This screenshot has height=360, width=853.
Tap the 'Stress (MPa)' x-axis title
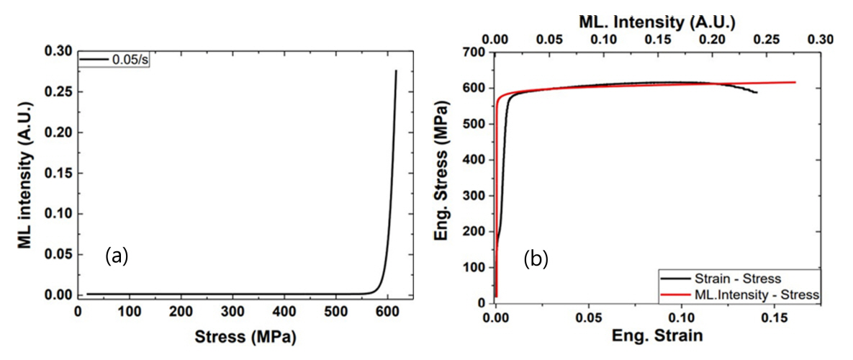click(x=246, y=336)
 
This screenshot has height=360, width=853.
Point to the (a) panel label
click(x=117, y=255)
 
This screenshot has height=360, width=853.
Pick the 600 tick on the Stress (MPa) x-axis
click(x=387, y=311)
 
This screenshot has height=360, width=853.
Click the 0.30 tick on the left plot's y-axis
click(x=60, y=51)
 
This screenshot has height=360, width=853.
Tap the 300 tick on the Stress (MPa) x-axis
click(x=233, y=311)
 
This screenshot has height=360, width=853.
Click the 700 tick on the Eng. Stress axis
click(x=477, y=53)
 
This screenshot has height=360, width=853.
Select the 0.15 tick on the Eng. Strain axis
click(x=774, y=318)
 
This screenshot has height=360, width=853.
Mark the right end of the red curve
click(x=795, y=82)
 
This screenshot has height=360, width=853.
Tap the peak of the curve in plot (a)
click(x=396, y=71)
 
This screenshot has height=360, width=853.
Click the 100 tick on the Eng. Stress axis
click(x=477, y=268)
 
